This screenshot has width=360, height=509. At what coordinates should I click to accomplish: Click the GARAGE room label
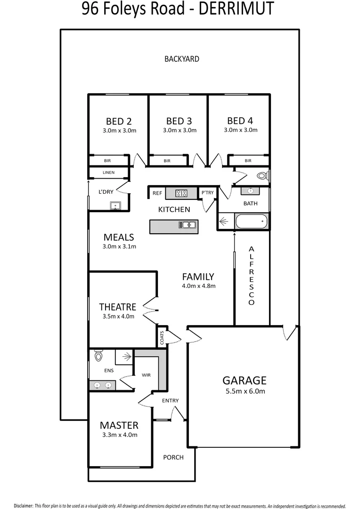pos(245,380)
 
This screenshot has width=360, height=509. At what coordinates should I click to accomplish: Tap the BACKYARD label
pos(182,59)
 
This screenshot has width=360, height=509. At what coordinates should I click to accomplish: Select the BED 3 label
pos(179,121)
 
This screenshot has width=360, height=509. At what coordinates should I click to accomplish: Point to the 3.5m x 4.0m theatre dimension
pos(118,316)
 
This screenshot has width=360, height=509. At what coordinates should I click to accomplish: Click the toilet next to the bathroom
pos(262,176)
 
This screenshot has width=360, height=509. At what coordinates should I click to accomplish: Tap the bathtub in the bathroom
pos(251,221)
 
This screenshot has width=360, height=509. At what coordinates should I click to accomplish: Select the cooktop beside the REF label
pos(181,193)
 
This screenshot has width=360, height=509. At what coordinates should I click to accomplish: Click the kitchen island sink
pos(187,225)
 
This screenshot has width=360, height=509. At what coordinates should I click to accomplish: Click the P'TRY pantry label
pos(207,192)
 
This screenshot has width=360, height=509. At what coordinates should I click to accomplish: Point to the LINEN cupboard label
pos(108,172)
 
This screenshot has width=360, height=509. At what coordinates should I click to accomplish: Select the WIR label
pos(146,375)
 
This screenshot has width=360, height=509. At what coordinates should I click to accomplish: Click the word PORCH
pos(173,457)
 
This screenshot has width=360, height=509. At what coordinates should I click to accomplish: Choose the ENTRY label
pos(170,401)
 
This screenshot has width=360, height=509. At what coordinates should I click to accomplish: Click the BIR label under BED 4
pos(248,161)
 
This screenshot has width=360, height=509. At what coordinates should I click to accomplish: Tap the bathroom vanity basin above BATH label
pos(251,191)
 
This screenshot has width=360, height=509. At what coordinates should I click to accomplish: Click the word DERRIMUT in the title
pos(234,9)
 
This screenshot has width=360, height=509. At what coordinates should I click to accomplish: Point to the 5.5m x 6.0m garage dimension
pos(245,391)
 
